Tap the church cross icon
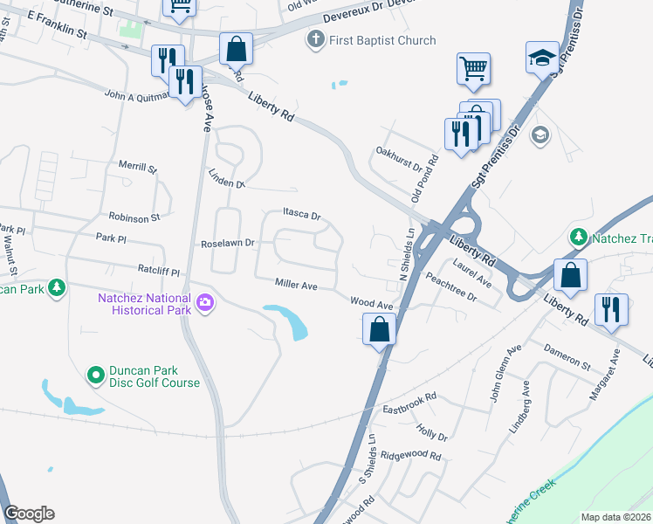(x=316, y=39)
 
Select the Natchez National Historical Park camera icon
(x=206, y=303)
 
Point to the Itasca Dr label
(x=302, y=214)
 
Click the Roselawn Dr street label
(x=228, y=244)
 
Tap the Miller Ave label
(x=296, y=284)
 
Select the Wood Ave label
(x=372, y=304)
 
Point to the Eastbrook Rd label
(x=409, y=408)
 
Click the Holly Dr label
(x=432, y=431)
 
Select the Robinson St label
(x=134, y=217)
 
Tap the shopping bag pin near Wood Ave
(x=379, y=329)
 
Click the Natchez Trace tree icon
(x=577, y=236)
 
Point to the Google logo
(x=29, y=514)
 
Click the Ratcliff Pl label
(x=157, y=272)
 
